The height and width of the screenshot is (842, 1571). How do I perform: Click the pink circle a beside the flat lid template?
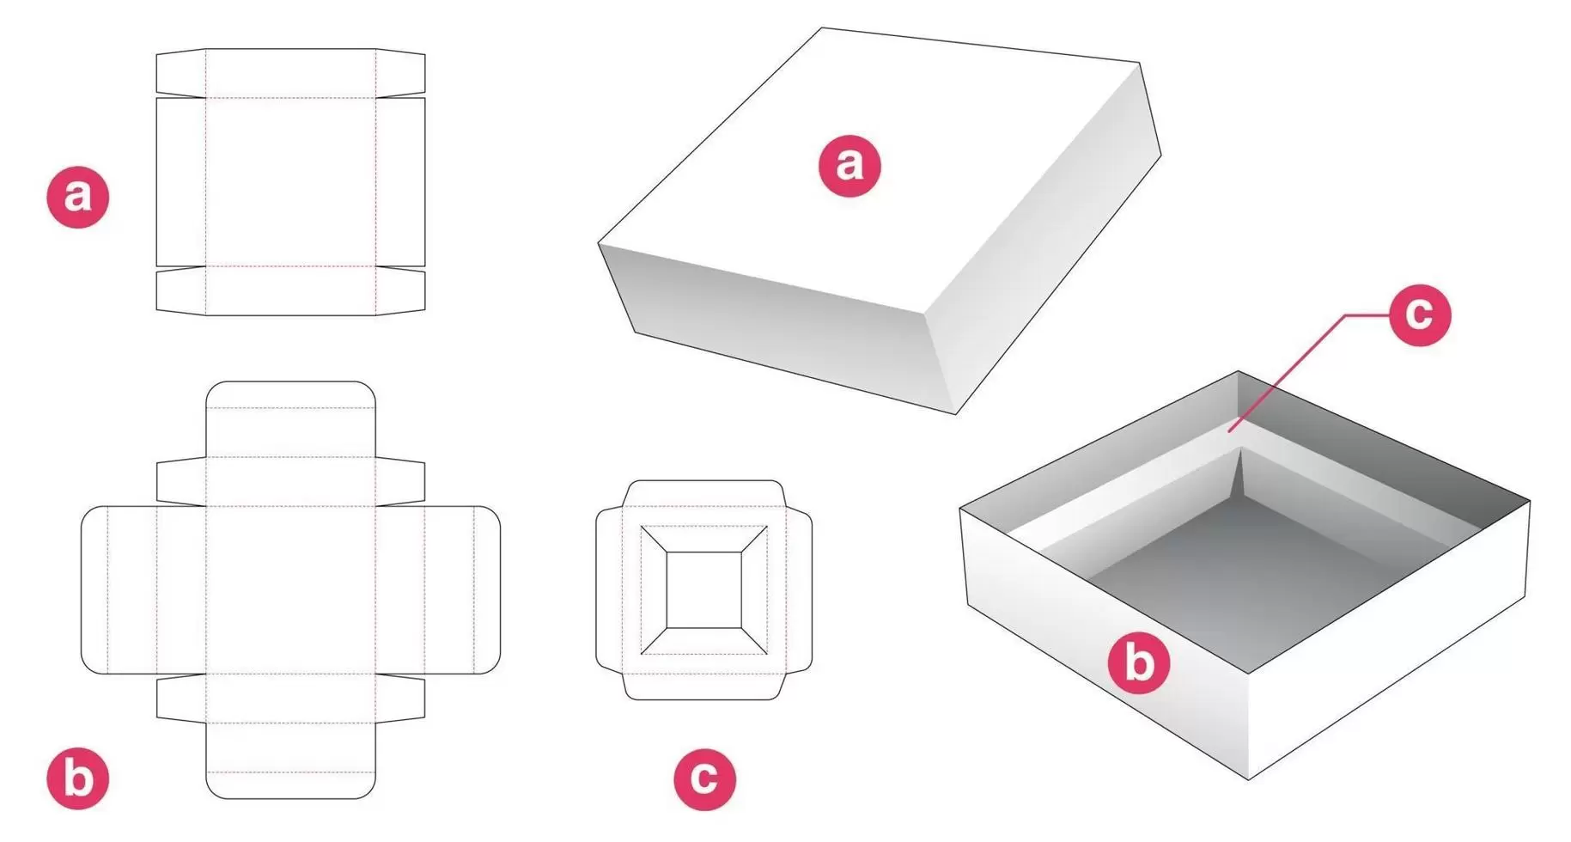[x=77, y=196]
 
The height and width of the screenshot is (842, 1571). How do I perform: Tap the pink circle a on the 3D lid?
[x=849, y=165]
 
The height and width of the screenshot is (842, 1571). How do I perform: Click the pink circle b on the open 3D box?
[x=1138, y=662]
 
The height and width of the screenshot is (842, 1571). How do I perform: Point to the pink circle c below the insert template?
[x=704, y=778]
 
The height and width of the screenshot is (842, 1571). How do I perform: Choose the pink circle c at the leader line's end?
[x=1420, y=315]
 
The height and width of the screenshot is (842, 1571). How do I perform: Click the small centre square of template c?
[x=703, y=589]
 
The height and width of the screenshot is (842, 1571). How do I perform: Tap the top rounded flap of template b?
[x=291, y=419]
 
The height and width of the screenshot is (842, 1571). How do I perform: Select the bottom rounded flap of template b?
[x=291, y=760]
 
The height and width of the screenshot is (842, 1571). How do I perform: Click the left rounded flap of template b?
[x=119, y=589]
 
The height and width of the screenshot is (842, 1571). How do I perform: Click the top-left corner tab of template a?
[x=181, y=73]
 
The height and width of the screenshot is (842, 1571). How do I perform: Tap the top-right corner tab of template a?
[x=401, y=73]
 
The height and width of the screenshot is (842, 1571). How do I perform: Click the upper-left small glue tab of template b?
[x=181, y=482]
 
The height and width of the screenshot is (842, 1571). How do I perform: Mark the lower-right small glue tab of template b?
[x=401, y=698]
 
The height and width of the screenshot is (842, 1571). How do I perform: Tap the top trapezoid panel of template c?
[x=703, y=539]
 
